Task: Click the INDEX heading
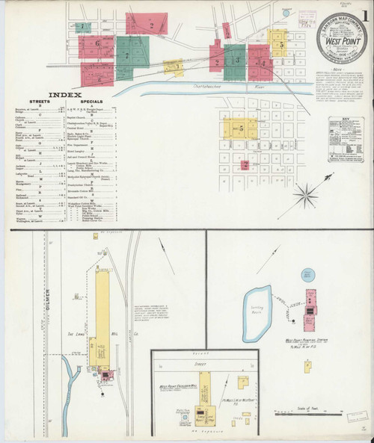tap(66, 95)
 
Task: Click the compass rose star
tap(305, 195)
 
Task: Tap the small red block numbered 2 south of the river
tap(245, 164)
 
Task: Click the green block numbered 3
tap(234, 57)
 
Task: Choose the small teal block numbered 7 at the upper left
tap(82, 27)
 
